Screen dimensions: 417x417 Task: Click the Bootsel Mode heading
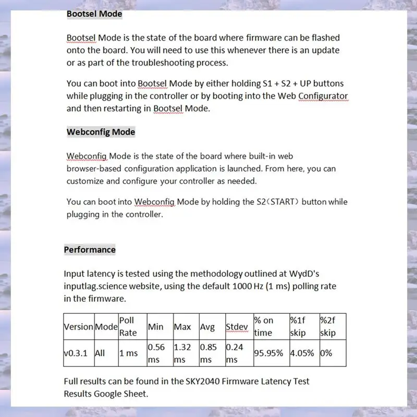click(94, 14)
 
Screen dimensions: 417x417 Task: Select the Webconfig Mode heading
click(101, 132)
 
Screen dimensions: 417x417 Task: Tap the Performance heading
click(90, 250)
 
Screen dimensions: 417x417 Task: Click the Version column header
click(78, 327)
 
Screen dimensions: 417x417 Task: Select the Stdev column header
click(237, 327)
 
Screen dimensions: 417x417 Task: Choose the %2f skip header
click(328, 327)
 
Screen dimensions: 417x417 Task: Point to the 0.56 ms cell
click(157, 353)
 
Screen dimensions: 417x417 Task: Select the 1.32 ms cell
click(182, 353)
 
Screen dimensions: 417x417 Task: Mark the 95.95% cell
click(268, 353)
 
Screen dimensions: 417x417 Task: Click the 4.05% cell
click(302, 353)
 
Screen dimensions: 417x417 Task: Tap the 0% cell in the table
click(326, 353)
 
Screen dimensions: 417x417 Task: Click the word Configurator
click(323, 96)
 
